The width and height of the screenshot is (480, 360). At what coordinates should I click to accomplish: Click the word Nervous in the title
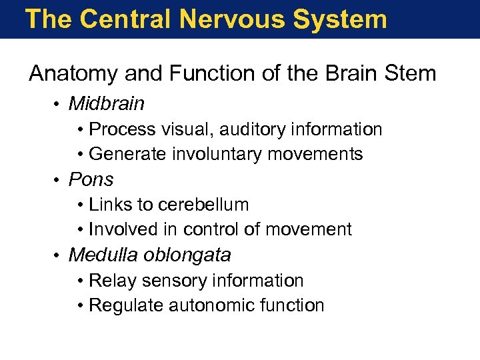tap(233, 19)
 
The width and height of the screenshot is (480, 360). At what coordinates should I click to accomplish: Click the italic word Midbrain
tap(106, 104)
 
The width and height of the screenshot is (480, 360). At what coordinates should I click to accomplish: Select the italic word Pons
tap(91, 179)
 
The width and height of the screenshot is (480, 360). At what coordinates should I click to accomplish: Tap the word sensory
tap(173, 281)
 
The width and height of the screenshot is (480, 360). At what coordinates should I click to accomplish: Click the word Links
tap(107, 205)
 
